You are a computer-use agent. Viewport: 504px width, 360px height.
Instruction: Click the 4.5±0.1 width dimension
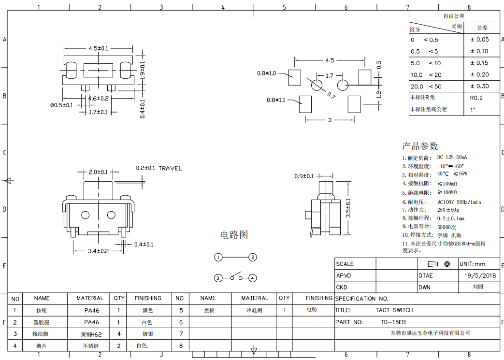98,48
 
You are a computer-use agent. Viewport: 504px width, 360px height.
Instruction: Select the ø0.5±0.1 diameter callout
61,105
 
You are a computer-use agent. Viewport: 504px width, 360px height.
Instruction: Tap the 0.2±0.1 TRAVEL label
158,168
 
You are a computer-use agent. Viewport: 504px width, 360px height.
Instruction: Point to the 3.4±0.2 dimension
98,251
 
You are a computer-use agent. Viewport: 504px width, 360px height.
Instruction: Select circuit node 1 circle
218,257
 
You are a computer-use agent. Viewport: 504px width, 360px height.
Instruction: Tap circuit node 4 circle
253,278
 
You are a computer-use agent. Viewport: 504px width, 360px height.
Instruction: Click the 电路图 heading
234,235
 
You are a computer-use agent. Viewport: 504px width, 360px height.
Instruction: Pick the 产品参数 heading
420,145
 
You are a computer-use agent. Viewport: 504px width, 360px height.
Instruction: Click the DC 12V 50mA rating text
452,158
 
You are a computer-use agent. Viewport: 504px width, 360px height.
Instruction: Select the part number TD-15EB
393,322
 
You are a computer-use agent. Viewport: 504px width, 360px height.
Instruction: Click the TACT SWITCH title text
394,310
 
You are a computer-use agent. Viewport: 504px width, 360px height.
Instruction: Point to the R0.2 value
476,98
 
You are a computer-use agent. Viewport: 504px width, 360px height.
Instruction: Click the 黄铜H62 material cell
91,334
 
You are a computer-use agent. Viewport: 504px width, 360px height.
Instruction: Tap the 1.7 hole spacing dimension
329,76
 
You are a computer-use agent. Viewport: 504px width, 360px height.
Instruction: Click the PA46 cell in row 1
91,310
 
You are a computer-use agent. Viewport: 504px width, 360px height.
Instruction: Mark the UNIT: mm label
472,264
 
